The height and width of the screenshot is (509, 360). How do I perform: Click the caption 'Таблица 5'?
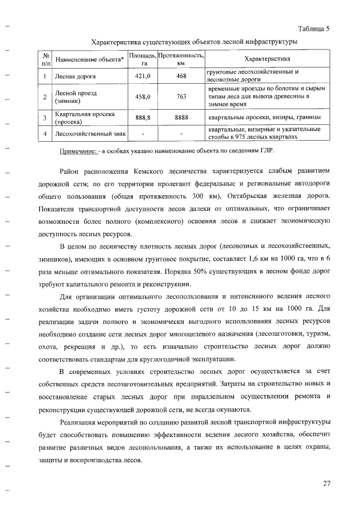(x=313, y=29)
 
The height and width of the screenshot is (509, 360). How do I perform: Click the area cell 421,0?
(x=142, y=76)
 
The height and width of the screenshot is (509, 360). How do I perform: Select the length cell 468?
(x=181, y=76)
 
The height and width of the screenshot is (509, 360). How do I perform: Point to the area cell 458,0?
(x=142, y=97)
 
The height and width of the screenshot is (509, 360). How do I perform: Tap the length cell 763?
(x=181, y=97)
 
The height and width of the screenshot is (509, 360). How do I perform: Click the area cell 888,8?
(x=142, y=117)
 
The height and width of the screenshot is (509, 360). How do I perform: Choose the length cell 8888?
(x=181, y=117)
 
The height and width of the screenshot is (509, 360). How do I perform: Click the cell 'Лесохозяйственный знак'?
(x=89, y=134)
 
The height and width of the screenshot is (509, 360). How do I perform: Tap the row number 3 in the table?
(x=44, y=117)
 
